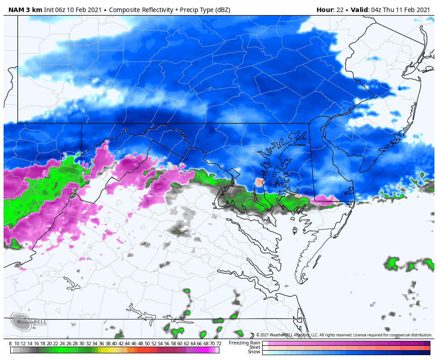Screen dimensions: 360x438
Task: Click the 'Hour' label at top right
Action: tap(324, 10)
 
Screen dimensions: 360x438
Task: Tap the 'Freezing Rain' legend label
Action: tap(244, 343)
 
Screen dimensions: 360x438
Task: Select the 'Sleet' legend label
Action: tap(254, 347)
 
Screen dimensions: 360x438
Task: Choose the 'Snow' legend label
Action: tap(254, 352)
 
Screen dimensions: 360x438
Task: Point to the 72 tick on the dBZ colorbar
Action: tap(219, 344)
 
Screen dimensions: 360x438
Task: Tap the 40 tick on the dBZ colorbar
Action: tap(114, 344)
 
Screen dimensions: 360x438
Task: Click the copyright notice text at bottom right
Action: tap(344, 335)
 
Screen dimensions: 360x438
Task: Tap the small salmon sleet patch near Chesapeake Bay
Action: tap(259, 182)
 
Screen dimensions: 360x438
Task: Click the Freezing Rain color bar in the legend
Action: tap(346, 343)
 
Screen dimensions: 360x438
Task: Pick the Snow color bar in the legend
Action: tap(346, 352)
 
